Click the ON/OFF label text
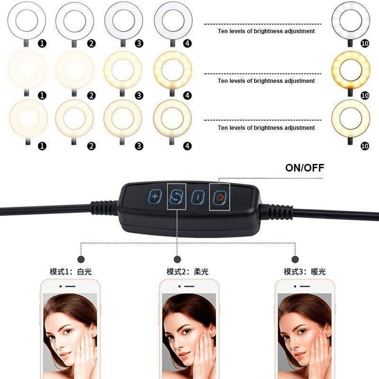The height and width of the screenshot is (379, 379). coord(305,167)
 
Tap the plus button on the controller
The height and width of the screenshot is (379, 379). coord(155,197)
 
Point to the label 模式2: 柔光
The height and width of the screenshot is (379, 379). coord(187,272)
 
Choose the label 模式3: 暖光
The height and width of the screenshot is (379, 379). coord(305,272)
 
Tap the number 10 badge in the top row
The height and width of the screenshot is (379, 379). coord(364,44)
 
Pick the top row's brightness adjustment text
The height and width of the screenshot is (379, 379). coord(266,31)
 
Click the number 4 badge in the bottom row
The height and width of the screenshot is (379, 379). coord(188,146)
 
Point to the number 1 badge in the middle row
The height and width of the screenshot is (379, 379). coord(42,95)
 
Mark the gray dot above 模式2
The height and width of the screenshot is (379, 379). coord(177,259)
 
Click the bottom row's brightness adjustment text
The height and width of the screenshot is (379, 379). coord(266,128)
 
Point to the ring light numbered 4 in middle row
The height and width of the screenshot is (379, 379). coord(172,69)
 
